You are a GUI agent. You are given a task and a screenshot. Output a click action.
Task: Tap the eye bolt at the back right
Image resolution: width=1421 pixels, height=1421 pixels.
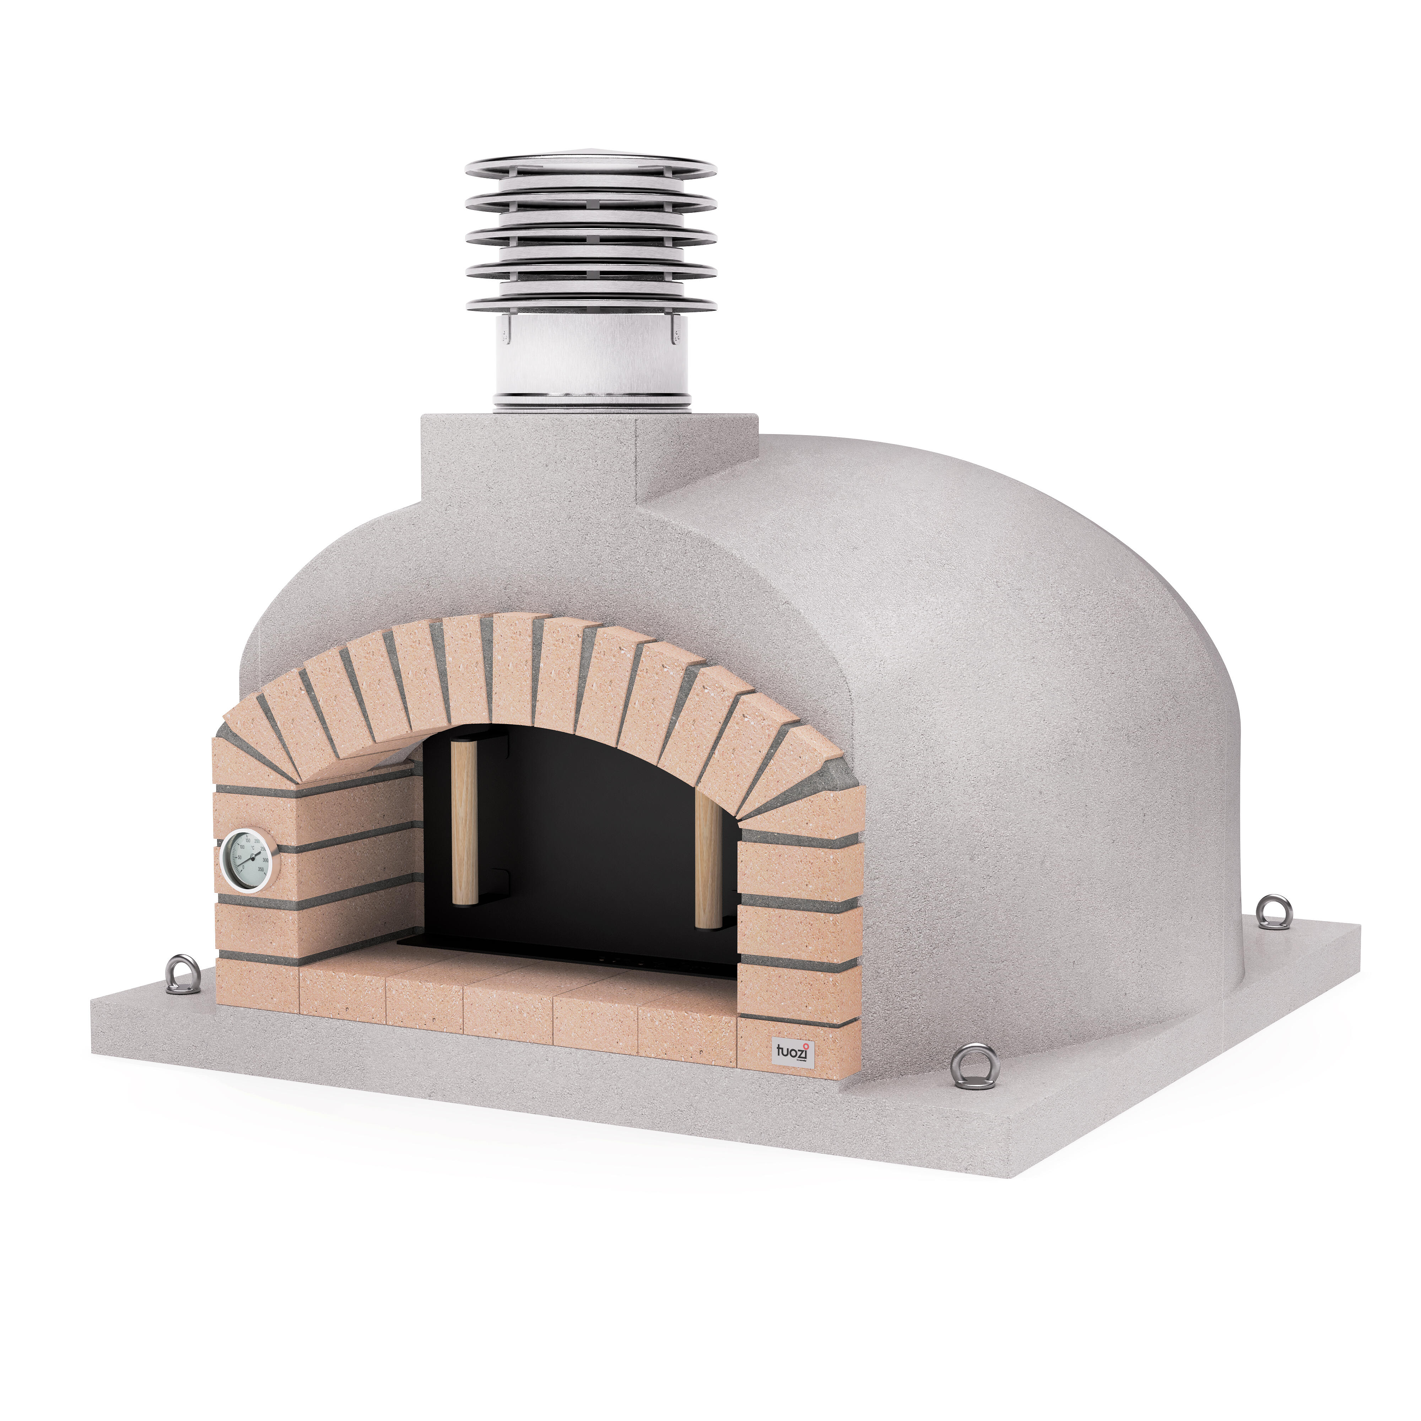tap(1273, 912)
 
